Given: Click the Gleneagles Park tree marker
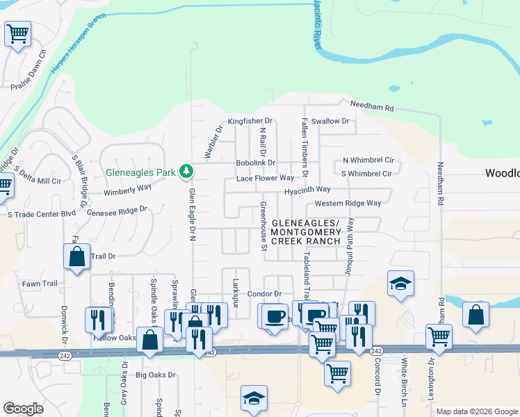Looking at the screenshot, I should coord(186,170).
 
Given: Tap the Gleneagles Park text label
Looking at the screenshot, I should coord(142,172).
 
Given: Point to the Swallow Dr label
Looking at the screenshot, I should coord(330,121).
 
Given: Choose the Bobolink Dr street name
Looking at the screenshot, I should coord(256,163).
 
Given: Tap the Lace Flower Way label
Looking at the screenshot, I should coord(265,179).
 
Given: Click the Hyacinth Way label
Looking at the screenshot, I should coord(307,190).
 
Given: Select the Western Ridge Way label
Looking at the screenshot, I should coord(348,204).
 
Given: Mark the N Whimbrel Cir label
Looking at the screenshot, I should coord(368,160).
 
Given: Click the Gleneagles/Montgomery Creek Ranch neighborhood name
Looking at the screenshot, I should coord(306,232).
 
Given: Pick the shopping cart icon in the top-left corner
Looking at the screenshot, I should coord(17,33).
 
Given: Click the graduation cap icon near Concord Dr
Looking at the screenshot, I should coord(400,284).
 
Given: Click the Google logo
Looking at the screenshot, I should coord(23,409).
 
